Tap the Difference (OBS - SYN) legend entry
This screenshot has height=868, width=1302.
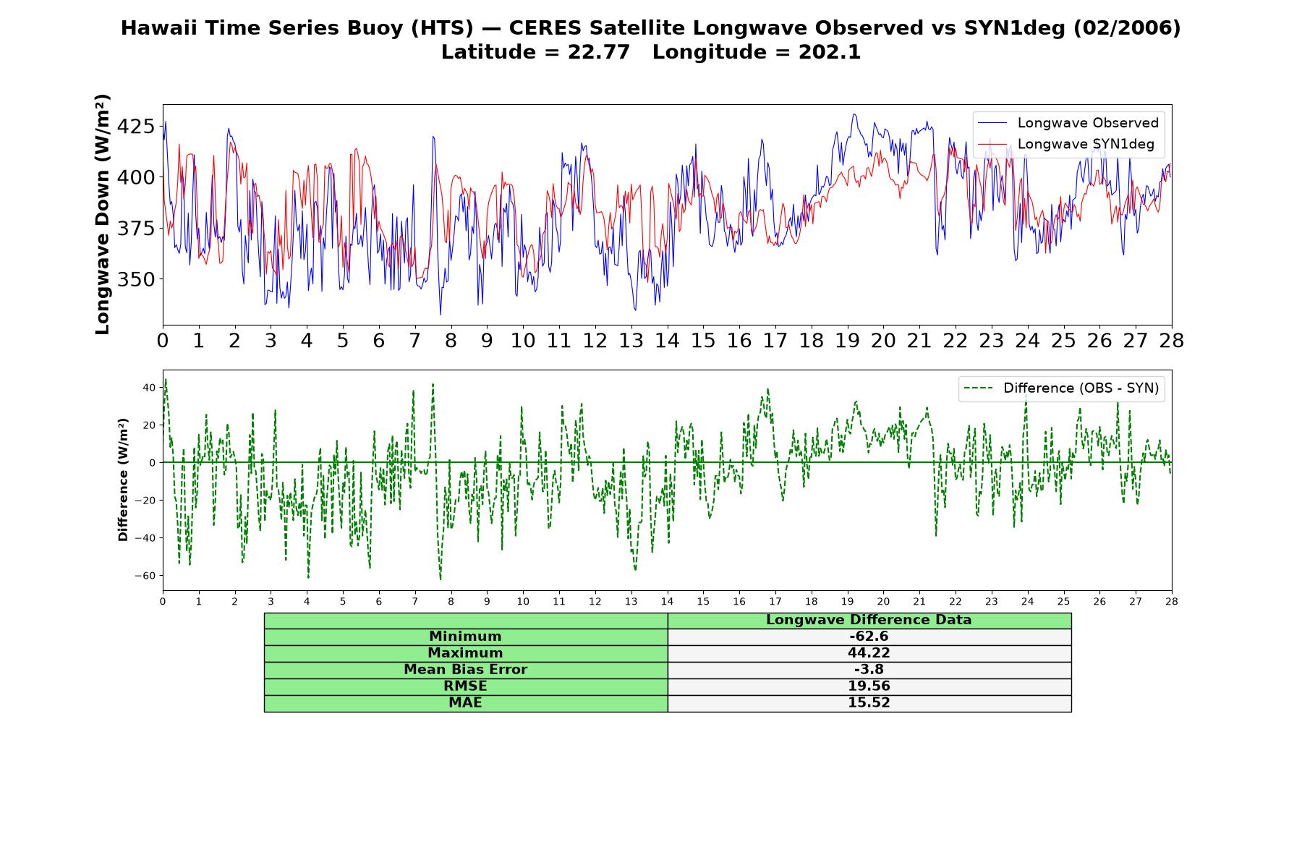pos(1062,388)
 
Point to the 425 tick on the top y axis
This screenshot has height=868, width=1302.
pos(135,127)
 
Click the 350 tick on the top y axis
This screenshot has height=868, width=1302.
pos(135,279)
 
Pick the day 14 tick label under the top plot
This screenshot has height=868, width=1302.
pos(667,341)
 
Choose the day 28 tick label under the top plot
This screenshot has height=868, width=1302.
pos(1171,341)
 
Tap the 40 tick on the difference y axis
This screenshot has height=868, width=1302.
pos(148,388)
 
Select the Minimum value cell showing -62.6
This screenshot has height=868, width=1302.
pos(869,637)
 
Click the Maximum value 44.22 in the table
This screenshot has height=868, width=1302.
pos(869,653)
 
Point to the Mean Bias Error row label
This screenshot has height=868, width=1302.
pos(465,670)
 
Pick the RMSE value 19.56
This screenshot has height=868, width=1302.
pos(869,686)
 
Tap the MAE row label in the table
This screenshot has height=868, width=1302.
pos(465,703)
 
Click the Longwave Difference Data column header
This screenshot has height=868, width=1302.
pos(869,620)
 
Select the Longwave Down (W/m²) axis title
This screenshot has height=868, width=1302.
pos(102,214)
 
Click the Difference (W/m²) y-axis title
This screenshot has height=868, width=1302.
pos(123,480)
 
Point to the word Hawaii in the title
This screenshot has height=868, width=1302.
pos(150,28)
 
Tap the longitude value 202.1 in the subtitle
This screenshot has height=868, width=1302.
pos(830,52)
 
